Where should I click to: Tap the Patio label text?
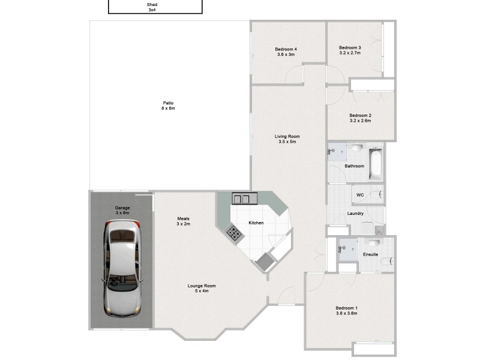167,106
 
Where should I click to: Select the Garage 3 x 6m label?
122,211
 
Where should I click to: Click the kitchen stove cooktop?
234,233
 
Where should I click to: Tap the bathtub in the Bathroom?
376,163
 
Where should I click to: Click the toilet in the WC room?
376,195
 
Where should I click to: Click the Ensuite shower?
347,247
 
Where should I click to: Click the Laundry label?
355,213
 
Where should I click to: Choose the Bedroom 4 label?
286,52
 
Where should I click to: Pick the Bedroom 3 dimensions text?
350,53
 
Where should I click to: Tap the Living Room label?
287,139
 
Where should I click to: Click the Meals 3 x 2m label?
184,221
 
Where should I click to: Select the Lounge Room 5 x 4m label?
202,289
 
